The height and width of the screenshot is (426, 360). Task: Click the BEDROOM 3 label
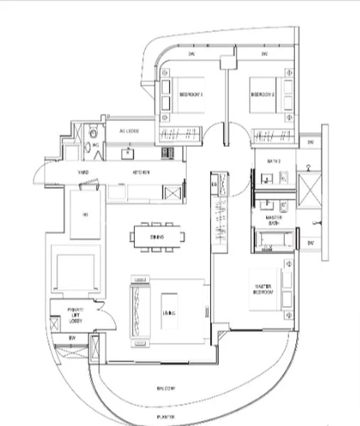tap(191, 94)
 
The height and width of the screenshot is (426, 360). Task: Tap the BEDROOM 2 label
tap(263, 94)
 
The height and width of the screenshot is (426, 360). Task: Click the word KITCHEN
tap(141, 173)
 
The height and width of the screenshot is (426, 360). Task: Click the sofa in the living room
tap(136, 306)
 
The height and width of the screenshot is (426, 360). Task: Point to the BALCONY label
tap(166, 388)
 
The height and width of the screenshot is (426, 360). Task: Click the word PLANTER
tap(166, 417)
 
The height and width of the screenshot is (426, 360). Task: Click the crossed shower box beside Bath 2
tap(311, 189)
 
